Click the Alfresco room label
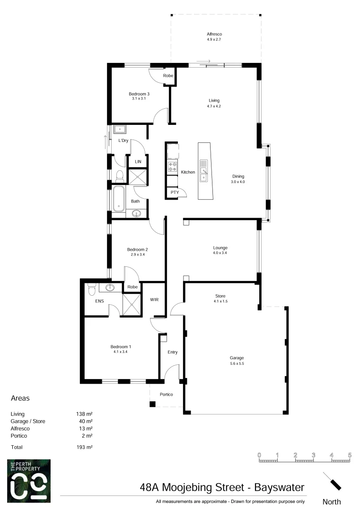pos(214,35)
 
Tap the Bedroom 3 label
pos(139,94)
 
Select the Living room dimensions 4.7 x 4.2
pos(214,106)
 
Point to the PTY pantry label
pos(175,193)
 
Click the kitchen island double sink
pos(203,171)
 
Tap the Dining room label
pos(238,176)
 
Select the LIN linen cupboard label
pos(138,162)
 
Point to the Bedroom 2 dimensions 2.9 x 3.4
pos(138,255)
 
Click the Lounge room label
pos(220,247)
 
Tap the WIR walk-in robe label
pos(154,300)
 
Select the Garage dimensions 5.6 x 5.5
pos(237,364)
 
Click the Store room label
pos(220,296)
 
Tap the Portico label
pos(166,395)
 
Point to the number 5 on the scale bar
pos(350,455)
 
